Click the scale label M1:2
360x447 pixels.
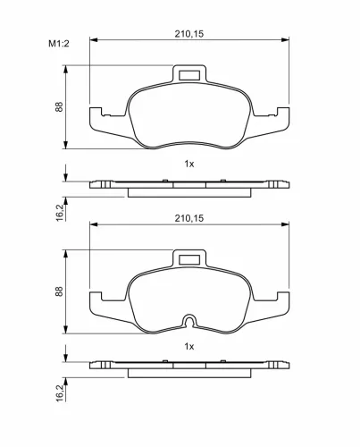(59, 44)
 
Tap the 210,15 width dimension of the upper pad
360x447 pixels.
(189, 34)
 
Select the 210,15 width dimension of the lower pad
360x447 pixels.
(189, 218)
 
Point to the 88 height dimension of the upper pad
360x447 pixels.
(59, 106)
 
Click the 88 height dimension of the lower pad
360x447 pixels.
(59, 291)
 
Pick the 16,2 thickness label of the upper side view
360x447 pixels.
(60, 213)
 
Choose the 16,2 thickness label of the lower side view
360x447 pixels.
(60, 392)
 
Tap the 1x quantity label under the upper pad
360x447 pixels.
(189, 164)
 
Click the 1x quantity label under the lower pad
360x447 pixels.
(189, 346)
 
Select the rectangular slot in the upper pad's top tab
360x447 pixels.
(189, 75)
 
